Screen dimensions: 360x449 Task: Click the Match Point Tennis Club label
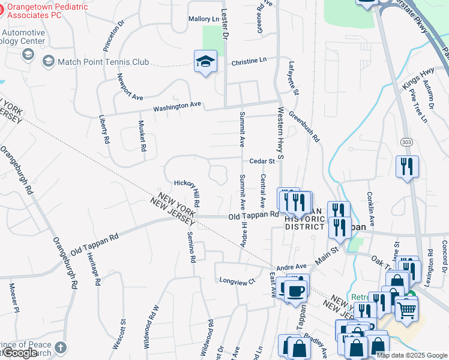pyautogui.click(x=103, y=61)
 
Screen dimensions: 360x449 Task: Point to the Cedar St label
pyautogui.click(x=262, y=161)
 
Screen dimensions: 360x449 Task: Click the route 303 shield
pyautogui.click(x=406, y=140)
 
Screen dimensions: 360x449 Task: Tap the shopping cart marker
pyautogui.click(x=406, y=310)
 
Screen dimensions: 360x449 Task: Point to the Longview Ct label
pyautogui.click(x=237, y=280)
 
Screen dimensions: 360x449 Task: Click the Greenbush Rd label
pyautogui.click(x=304, y=127)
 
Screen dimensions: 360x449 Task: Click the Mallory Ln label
pyautogui.click(x=203, y=19)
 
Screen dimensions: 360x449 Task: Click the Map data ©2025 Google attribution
pyautogui.click(x=411, y=355)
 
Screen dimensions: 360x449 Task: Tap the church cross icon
pyautogui.click(x=60, y=347)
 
